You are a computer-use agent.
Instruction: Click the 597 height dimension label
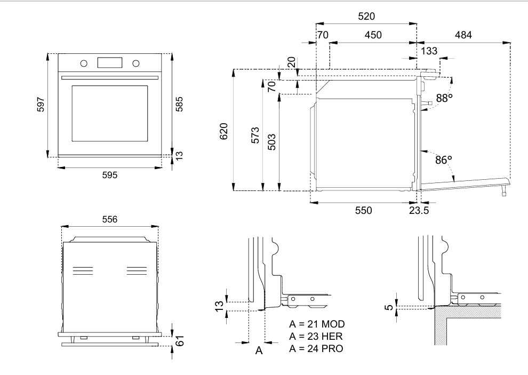[41, 105]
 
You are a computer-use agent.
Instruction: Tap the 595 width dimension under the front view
[110, 175]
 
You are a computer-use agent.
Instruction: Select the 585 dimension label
[179, 104]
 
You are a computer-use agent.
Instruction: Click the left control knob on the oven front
[84, 63]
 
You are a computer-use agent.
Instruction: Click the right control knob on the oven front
[135, 63]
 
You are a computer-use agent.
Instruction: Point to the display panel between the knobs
[110, 62]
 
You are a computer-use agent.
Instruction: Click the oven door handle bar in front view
[110, 78]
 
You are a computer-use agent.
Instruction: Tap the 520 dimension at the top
[366, 16]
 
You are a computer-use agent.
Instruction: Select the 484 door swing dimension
[463, 35]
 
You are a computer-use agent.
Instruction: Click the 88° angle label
[444, 98]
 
